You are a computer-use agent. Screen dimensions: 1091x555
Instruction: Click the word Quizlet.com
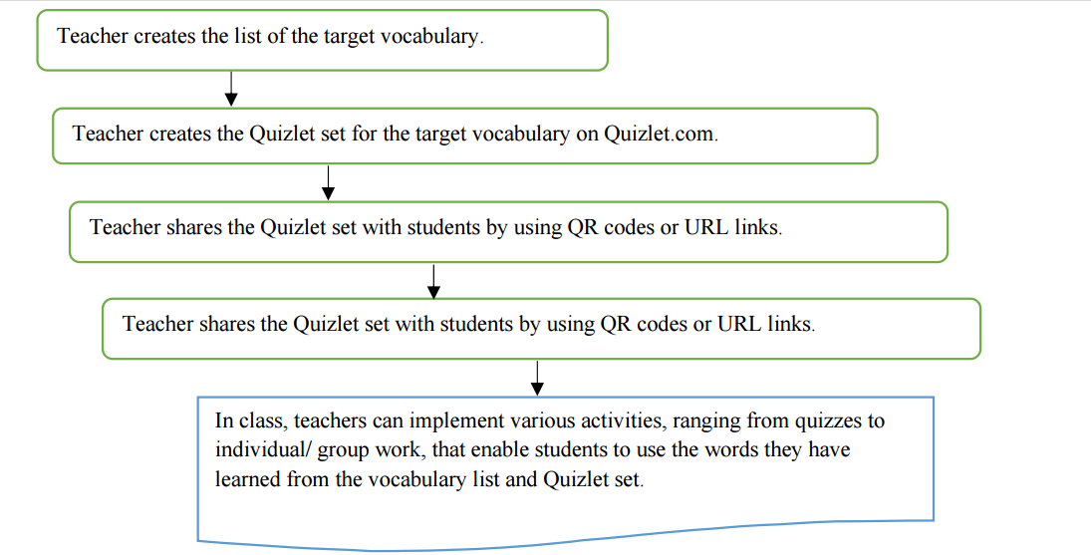point(661,134)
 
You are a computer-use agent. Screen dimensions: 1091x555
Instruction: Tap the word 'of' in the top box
point(276,36)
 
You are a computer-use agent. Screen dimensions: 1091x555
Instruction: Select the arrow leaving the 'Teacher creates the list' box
point(231,89)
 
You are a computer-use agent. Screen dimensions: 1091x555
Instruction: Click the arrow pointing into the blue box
point(536,378)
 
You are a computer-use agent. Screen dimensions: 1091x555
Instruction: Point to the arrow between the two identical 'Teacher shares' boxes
point(433,281)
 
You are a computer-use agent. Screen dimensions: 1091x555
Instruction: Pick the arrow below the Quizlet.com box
point(328,183)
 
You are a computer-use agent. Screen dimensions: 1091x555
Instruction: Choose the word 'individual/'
point(263,450)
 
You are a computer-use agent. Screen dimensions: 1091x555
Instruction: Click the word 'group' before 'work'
point(344,451)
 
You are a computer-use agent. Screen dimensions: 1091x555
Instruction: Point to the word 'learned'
point(247,479)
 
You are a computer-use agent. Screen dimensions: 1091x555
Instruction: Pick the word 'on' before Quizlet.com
point(587,134)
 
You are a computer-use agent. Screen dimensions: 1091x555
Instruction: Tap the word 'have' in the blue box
point(829,450)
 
